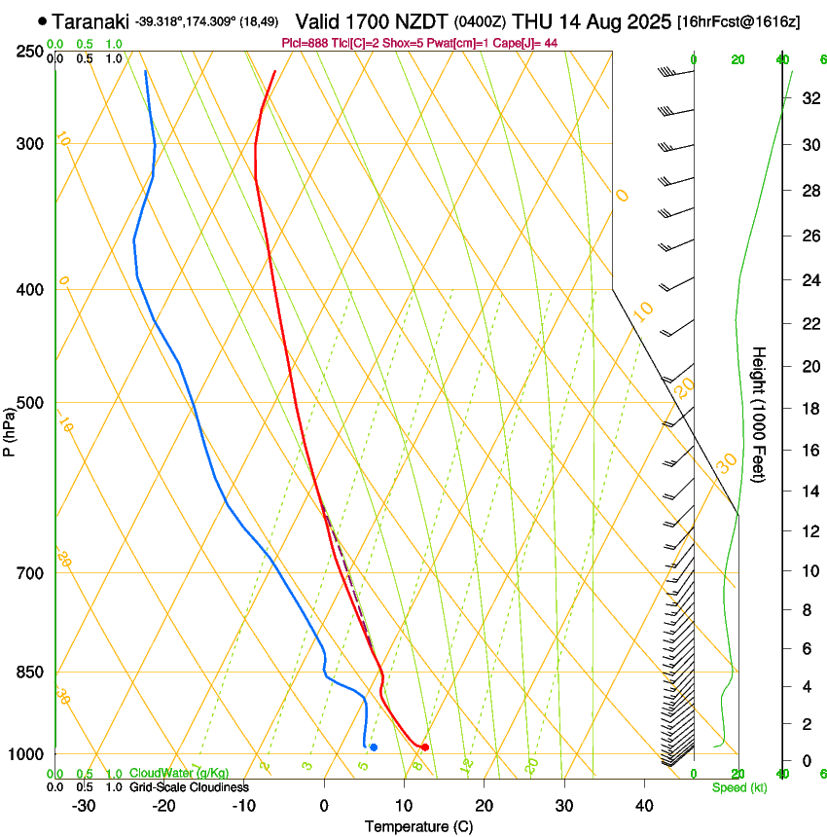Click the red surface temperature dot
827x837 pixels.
[424, 746]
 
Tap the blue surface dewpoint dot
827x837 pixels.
[374, 746]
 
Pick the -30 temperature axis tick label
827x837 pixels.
[84, 806]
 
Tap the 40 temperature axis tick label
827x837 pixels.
[644, 806]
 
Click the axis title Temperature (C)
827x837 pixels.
[418, 826]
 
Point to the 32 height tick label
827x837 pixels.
[809, 98]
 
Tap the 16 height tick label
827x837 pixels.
[809, 451]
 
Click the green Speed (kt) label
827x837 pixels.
[739, 787]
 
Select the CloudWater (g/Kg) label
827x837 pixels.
[179, 774]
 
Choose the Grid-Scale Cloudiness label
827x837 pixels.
[189, 787]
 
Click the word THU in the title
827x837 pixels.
[532, 20]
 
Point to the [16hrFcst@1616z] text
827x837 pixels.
[738, 21]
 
